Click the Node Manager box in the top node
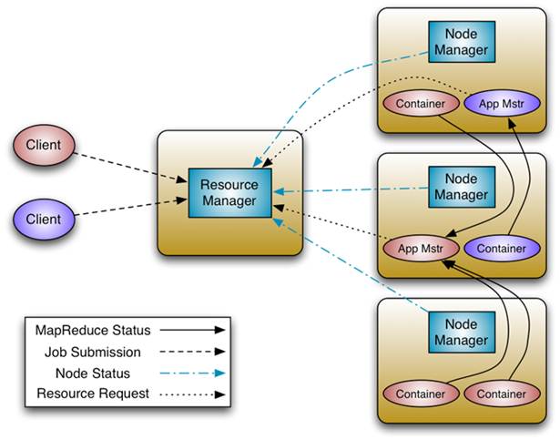(x=462, y=41)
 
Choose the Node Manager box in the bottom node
(x=462, y=333)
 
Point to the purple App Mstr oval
(x=496, y=103)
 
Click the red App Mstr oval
(x=420, y=247)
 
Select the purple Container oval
(x=495, y=247)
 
